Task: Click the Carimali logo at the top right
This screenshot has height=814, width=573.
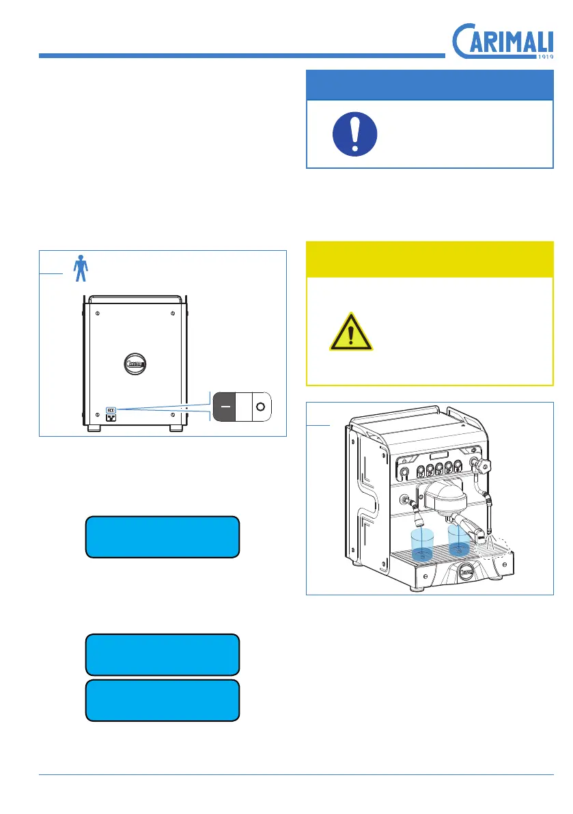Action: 503,42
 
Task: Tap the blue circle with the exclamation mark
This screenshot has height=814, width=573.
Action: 354,133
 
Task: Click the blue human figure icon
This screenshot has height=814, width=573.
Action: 81,268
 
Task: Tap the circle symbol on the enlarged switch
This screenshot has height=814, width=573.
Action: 260,407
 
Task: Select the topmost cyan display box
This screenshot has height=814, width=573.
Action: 162,537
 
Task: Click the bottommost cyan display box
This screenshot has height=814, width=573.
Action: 162,700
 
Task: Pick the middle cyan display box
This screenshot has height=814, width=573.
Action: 162,655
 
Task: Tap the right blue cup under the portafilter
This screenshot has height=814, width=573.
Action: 459,538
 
